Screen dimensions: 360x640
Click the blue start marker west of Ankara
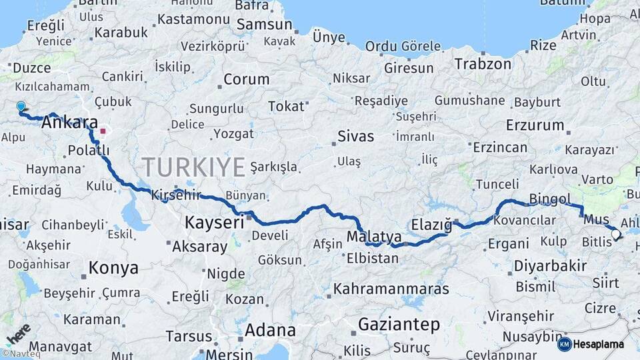pyautogui.click(x=21, y=106)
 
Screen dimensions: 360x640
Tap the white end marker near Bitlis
pyautogui.click(x=615, y=234)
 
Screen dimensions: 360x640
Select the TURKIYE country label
pyautogui.click(x=193, y=167)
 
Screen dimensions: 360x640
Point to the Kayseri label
pyautogui.click(x=214, y=222)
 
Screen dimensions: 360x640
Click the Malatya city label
pyautogui.click(x=374, y=237)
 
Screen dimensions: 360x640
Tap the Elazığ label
pyautogui.click(x=431, y=223)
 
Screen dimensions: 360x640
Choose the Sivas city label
pyautogui.click(x=355, y=137)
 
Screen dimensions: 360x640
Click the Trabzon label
pyautogui.click(x=483, y=64)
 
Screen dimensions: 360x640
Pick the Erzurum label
pyautogui.click(x=535, y=125)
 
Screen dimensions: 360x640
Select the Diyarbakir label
pyautogui.click(x=549, y=265)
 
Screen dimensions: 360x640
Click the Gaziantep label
pyautogui.click(x=399, y=325)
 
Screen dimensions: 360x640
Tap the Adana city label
pyautogui.click(x=270, y=330)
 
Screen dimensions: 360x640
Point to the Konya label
pyautogui.click(x=113, y=268)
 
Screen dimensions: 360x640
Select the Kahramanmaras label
pyautogui.click(x=391, y=289)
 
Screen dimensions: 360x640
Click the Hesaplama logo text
pyautogui.click(x=598, y=344)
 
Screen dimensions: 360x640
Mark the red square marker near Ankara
pyautogui.click(x=102, y=131)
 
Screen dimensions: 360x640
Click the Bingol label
pyautogui.click(x=549, y=199)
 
